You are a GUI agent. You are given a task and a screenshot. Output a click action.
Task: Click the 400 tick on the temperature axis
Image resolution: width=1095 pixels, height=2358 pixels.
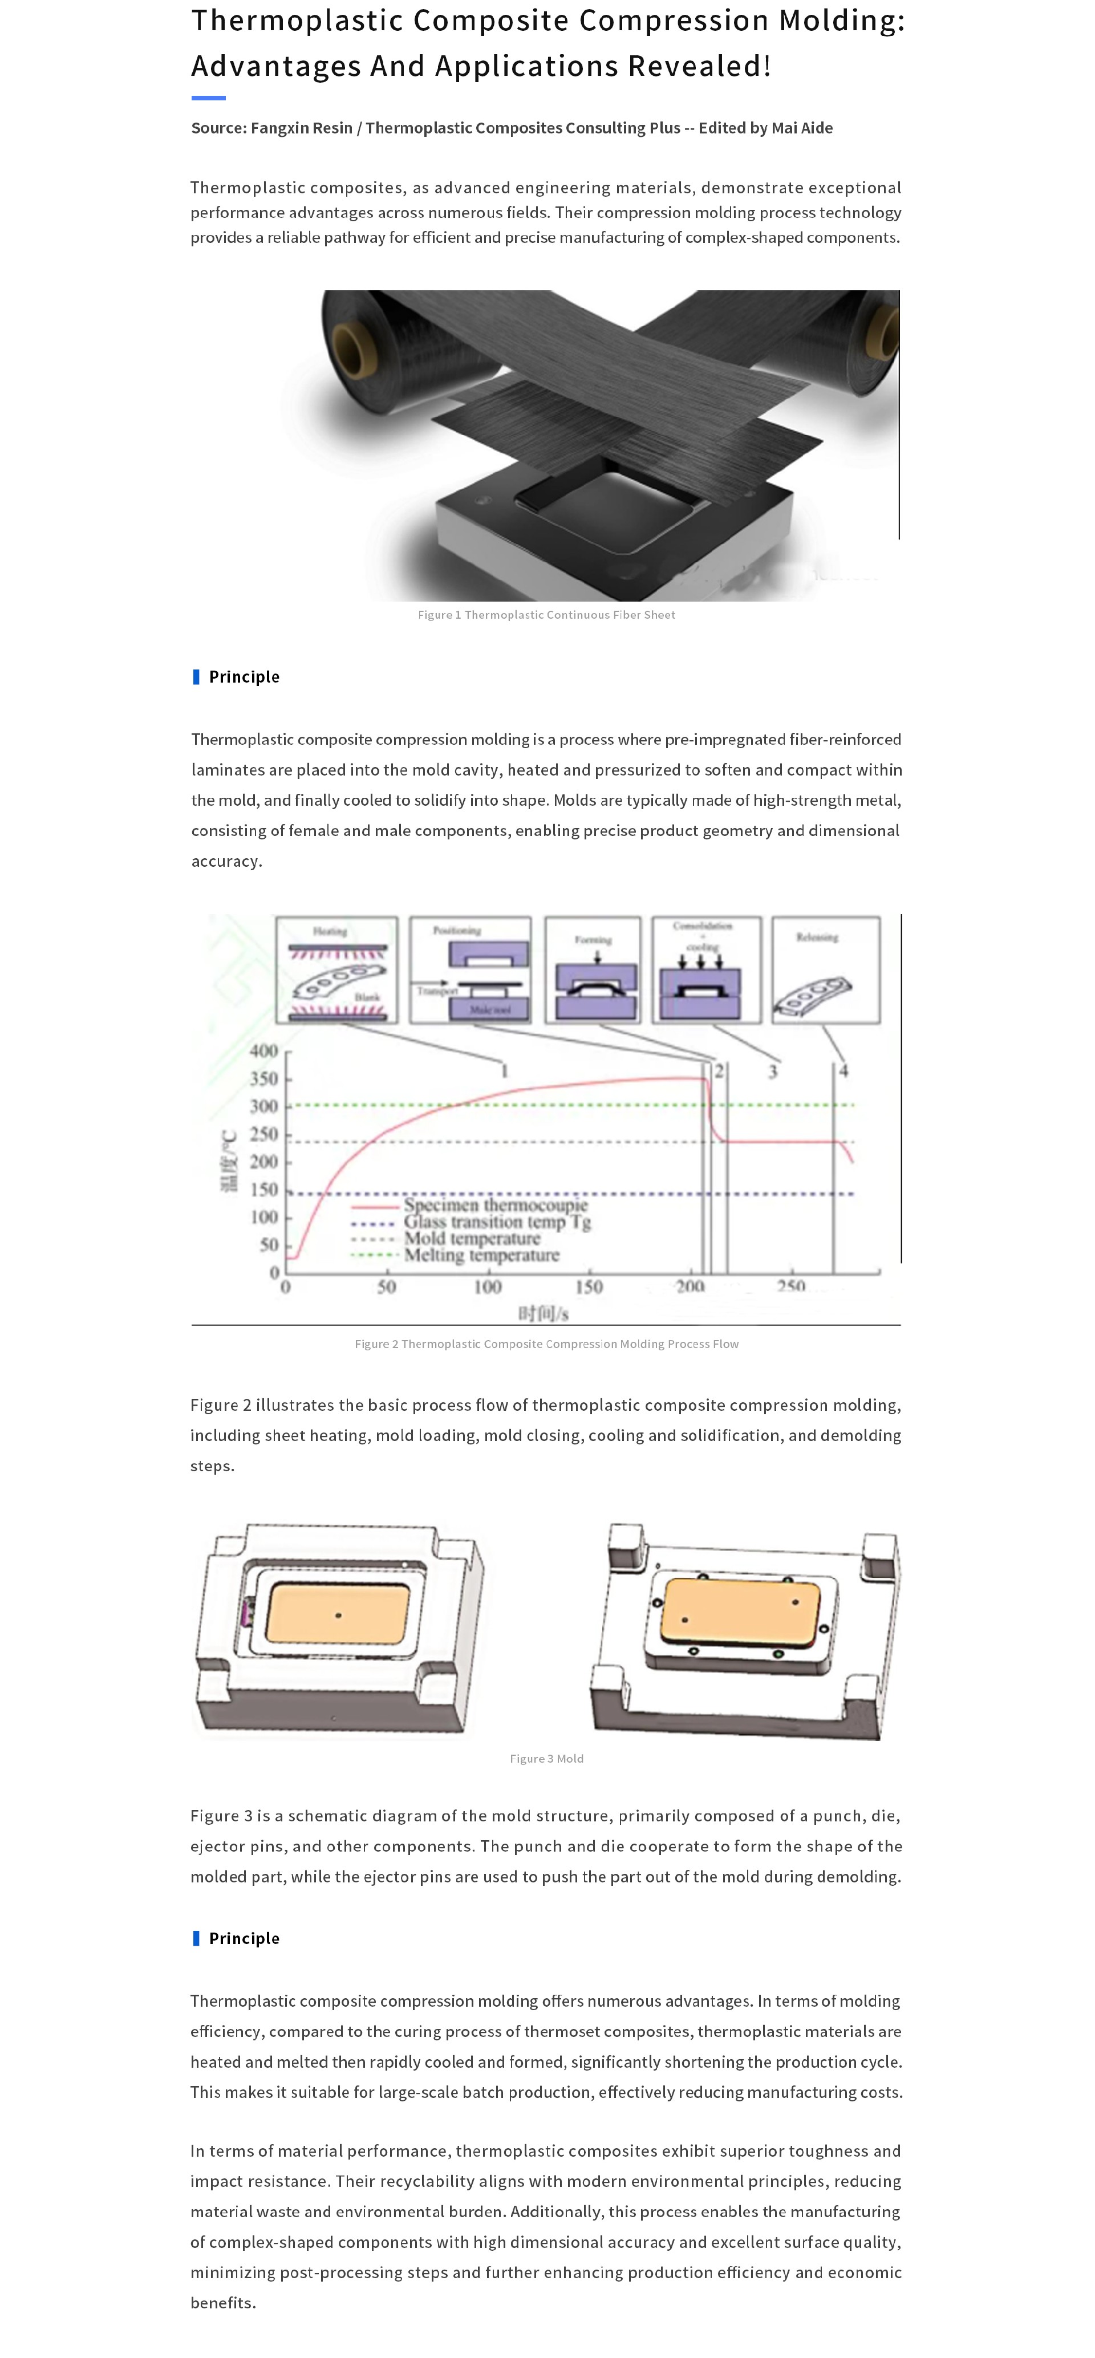coord(263,1051)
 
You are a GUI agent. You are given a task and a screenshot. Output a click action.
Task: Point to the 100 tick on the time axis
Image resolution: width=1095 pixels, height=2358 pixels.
coord(487,1287)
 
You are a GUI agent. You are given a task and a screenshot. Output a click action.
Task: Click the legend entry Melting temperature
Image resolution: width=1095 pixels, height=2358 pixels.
coord(481,1256)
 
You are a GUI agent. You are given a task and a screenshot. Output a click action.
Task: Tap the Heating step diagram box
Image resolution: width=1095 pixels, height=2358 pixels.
coord(337,969)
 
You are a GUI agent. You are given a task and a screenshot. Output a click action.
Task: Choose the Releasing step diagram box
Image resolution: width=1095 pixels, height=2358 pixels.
coord(825,969)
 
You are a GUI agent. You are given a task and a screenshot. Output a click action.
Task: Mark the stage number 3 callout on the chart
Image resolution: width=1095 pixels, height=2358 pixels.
coord(773,1071)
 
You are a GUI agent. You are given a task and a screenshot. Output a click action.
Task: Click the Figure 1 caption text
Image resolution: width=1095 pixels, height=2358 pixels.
coord(546,615)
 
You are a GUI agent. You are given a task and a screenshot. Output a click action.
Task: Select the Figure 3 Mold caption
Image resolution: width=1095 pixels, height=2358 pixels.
coord(546,1759)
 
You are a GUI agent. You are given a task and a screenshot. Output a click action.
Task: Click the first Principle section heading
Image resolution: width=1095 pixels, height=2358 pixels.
coord(244,676)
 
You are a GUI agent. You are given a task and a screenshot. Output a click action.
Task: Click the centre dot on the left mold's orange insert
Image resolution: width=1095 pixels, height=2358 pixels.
coord(339,1616)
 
